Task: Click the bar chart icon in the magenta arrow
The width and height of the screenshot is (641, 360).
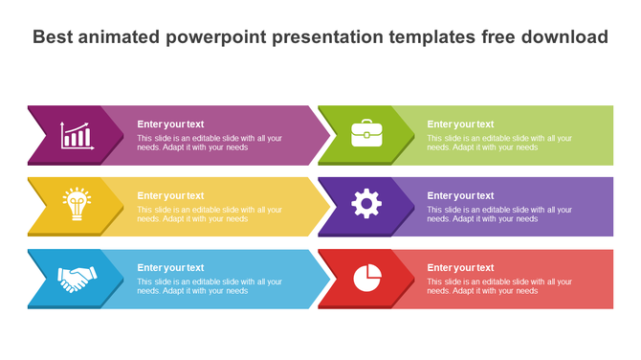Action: point(76,135)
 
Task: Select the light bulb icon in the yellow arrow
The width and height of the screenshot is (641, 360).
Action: point(76,204)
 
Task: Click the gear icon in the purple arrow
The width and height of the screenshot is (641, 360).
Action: point(365,204)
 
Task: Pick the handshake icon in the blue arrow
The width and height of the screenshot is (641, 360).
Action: point(76,279)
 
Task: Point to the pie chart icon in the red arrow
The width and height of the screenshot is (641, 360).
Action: point(366,278)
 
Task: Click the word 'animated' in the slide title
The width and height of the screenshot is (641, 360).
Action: point(125,37)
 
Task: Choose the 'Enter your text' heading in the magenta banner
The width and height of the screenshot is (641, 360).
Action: point(170,124)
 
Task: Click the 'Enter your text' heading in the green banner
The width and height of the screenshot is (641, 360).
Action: point(460,124)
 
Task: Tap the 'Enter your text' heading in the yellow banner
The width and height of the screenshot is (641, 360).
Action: point(170,195)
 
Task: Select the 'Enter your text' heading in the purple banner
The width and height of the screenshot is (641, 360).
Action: point(460,195)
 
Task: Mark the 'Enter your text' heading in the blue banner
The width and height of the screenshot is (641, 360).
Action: point(170,267)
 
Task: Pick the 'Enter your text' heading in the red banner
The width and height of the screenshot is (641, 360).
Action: point(460,267)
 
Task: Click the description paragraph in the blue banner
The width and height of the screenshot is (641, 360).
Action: point(209,286)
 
